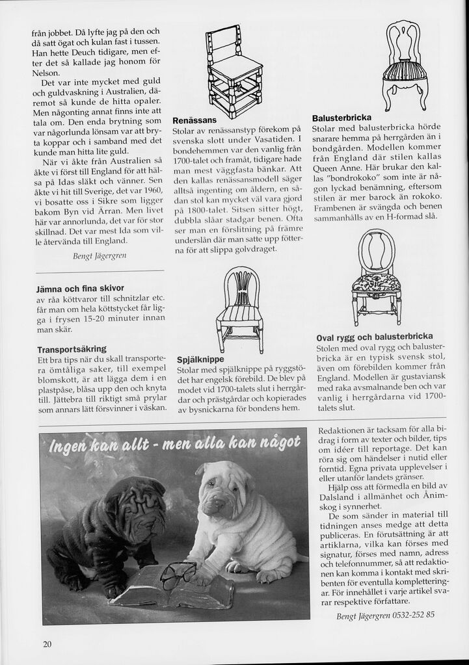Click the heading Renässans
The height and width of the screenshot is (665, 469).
tap(194, 121)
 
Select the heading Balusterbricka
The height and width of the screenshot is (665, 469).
tap(342, 118)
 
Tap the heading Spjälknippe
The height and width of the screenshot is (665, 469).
tap(200, 359)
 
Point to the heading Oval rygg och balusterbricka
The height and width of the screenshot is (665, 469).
tap(374, 337)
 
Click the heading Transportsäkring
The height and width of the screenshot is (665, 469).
tap(72, 349)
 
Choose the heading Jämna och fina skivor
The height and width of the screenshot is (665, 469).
tap(81, 288)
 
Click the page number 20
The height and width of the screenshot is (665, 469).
tap(47, 644)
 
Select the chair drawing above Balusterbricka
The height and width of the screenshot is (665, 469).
tap(405, 64)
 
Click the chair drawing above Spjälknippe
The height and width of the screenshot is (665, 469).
tap(239, 309)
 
